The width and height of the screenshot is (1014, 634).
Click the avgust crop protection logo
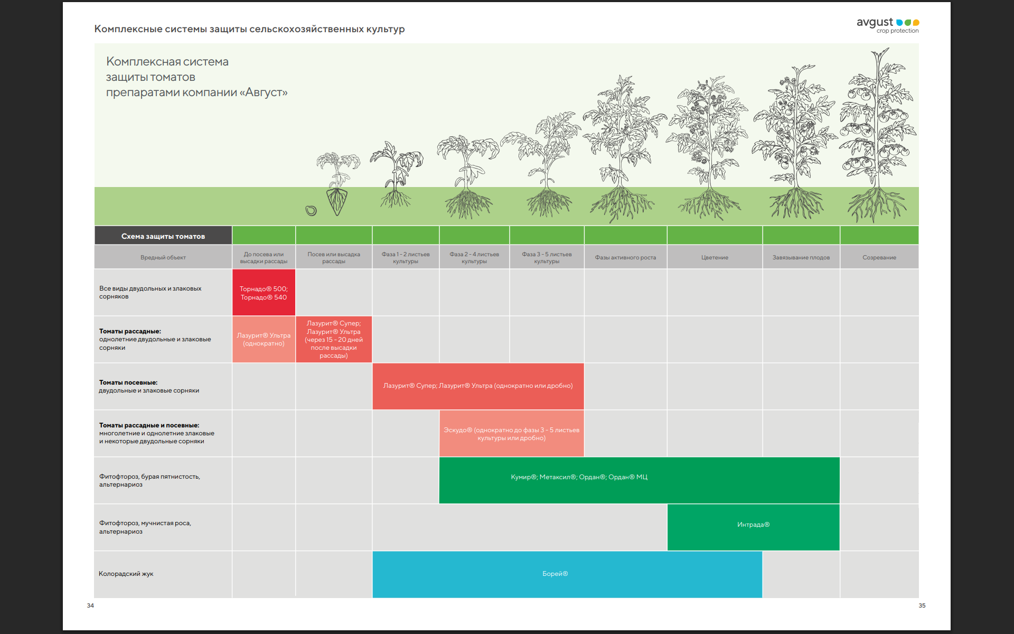click(x=888, y=25)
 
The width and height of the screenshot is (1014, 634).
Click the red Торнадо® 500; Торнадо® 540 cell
click(x=264, y=293)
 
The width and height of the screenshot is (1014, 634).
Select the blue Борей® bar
click(x=567, y=574)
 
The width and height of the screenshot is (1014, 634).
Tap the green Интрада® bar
click(x=753, y=527)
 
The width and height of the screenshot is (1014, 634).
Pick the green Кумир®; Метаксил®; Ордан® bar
click(x=639, y=480)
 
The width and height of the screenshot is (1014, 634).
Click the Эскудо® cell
click(x=512, y=433)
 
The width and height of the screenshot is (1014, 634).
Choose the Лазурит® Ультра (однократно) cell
click(x=264, y=339)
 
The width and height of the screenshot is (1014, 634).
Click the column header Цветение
click(x=715, y=257)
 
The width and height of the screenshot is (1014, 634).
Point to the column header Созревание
click(x=879, y=257)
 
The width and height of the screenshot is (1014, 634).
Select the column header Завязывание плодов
click(x=801, y=257)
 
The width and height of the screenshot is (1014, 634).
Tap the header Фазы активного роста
click(x=625, y=257)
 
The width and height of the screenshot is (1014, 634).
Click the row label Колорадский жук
click(x=126, y=574)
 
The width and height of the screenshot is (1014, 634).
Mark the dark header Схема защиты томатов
click(x=163, y=236)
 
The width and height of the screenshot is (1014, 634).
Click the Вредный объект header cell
click(x=163, y=257)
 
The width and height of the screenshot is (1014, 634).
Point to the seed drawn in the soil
click(x=311, y=211)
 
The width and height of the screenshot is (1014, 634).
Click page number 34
click(x=90, y=605)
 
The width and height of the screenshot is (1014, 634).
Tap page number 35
click(x=922, y=605)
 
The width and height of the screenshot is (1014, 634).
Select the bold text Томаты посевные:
click(x=128, y=383)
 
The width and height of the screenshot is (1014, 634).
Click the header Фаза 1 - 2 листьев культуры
click(x=406, y=257)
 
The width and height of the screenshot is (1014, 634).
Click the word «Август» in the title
click(x=264, y=92)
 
